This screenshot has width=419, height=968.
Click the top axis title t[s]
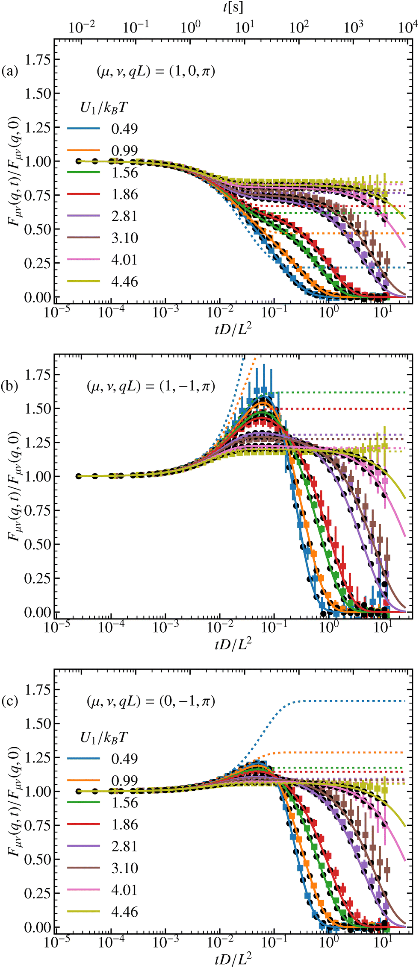(x=233, y=7)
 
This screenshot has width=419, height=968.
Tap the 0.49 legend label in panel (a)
(x=124, y=129)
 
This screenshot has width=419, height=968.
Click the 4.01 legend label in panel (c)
(x=124, y=890)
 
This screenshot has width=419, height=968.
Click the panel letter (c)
(x=9, y=701)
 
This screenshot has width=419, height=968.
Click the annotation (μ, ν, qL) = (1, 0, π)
(x=156, y=71)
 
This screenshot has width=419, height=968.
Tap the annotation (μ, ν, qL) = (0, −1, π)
(x=150, y=701)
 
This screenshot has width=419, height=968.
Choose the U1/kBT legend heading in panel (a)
(x=103, y=108)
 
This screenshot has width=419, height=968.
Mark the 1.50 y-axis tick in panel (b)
(x=37, y=408)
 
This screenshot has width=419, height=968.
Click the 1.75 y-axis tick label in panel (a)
(x=37, y=59)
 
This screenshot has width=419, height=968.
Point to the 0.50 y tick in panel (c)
(x=37, y=859)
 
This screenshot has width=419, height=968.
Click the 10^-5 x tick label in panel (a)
(x=57, y=313)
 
